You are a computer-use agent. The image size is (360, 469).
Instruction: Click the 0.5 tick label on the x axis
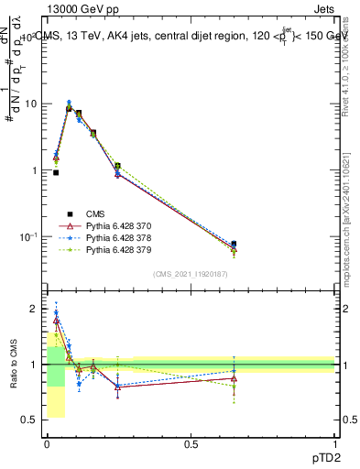click(x=191, y=443)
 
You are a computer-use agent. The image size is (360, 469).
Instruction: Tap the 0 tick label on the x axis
click(x=47, y=443)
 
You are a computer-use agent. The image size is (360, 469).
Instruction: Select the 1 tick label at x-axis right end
click(x=335, y=443)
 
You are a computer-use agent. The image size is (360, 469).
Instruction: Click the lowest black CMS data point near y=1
click(x=56, y=172)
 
